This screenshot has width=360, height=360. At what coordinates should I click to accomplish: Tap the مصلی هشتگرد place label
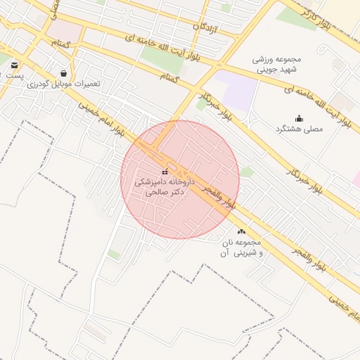point(299,129)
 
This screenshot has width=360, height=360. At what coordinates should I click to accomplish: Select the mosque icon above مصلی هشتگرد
point(299,118)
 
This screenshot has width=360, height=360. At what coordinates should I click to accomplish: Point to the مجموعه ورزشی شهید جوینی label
point(277,65)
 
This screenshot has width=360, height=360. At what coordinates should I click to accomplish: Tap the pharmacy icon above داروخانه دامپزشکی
point(164,172)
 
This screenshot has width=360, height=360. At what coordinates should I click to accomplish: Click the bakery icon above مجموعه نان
point(242,231)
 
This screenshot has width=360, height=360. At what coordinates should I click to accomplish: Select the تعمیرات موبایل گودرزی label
point(64,83)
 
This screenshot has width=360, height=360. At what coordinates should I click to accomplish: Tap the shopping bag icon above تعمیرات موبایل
point(65,72)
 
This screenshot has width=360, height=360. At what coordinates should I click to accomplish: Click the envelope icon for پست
point(15,65)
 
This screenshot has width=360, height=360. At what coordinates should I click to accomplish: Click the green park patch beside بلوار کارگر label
point(295,18)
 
